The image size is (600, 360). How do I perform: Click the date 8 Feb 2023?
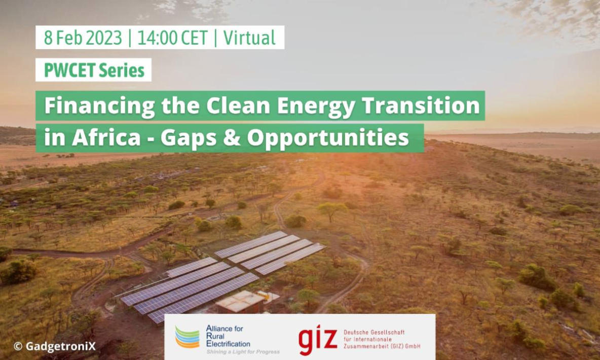click(x=83, y=38)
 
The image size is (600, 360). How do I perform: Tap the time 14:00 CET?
click(x=172, y=38)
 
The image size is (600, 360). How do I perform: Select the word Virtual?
click(x=249, y=38)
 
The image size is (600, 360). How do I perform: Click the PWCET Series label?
click(x=94, y=70)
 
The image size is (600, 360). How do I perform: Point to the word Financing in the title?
click(x=100, y=106)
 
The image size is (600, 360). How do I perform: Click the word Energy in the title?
click(x=316, y=106)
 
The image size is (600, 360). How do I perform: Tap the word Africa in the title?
click(x=106, y=137)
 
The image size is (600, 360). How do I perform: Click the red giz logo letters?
click(x=318, y=340)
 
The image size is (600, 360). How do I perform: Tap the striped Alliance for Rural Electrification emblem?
click(x=187, y=337)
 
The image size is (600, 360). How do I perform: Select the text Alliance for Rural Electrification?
click(x=228, y=336)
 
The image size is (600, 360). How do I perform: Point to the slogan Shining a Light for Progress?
click(x=243, y=351)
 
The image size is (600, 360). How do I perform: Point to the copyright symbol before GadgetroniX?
click(x=18, y=347)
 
